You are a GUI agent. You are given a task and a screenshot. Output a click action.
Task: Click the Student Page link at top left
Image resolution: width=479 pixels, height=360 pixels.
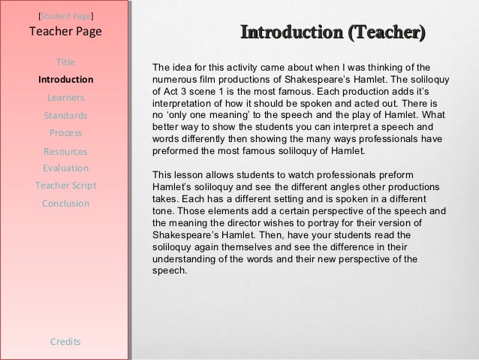(65, 15)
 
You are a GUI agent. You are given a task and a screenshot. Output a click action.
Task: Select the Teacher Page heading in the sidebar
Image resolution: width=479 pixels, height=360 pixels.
(65, 32)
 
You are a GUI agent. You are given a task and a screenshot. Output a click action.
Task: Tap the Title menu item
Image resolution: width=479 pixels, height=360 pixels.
(65, 62)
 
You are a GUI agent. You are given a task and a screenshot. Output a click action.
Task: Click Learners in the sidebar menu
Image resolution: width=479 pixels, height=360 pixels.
(65, 98)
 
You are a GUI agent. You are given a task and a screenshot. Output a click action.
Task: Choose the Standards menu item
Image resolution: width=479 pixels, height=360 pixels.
(65, 116)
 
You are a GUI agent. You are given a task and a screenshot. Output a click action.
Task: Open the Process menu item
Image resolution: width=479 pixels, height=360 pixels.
(65, 133)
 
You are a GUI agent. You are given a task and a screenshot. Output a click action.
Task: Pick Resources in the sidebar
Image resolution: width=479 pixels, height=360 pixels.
(65, 151)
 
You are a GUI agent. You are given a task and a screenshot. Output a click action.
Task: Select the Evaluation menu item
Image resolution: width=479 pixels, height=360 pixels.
(65, 168)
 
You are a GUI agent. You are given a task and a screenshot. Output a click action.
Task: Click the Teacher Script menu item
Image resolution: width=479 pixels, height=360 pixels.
(65, 186)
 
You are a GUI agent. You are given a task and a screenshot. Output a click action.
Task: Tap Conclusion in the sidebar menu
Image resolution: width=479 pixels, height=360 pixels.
(65, 204)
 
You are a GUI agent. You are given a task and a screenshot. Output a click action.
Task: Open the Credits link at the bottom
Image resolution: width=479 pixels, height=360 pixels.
(65, 342)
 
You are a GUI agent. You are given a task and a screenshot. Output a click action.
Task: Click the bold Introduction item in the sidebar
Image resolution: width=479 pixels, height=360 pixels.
(65, 80)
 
